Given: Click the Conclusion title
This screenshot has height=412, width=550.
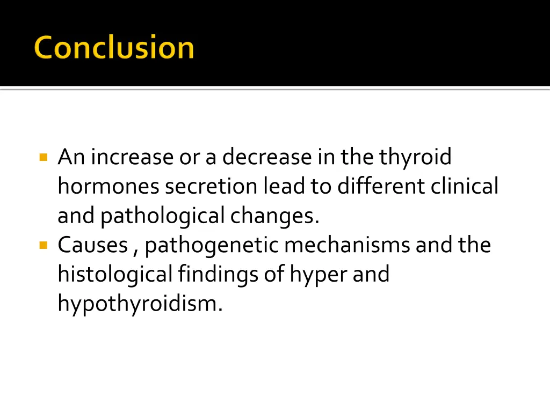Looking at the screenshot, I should pyautogui.click(x=114, y=47).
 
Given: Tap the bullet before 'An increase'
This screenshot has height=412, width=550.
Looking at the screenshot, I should pyautogui.click(x=44, y=158).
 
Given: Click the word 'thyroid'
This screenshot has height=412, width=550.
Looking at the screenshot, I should pyautogui.click(x=415, y=157).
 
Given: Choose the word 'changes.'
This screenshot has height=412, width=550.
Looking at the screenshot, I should pyautogui.click(x=274, y=216).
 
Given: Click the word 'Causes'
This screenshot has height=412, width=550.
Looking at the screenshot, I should pyautogui.click(x=92, y=245).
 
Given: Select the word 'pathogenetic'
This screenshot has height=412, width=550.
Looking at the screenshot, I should pyautogui.click(x=212, y=246).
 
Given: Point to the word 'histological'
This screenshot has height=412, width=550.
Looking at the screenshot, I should pyautogui.click(x=114, y=274).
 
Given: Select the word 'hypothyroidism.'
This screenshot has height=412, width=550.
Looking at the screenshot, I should pyautogui.click(x=140, y=304).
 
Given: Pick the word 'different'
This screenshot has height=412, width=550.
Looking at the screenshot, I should pyautogui.click(x=381, y=186).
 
